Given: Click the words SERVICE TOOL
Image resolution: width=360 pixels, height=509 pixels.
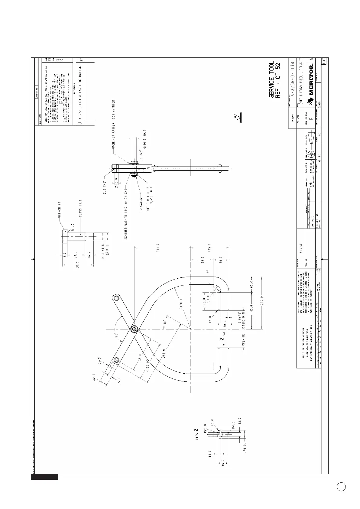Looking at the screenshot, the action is click(271, 79).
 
